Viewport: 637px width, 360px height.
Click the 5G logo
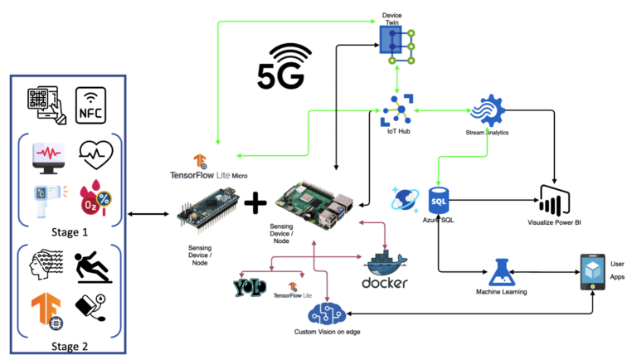point(283,66)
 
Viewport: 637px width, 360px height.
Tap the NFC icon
point(90,105)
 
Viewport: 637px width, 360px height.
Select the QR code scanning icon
point(46,105)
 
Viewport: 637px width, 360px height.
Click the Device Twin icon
point(397,45)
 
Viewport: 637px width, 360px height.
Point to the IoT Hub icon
point(397,110)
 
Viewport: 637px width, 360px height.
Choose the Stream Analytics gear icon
point(488,110)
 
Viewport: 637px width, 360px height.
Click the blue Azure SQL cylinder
point(439,200)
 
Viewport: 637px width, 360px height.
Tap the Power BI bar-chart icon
point(555,201)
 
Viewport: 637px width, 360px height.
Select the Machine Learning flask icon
point(502,272)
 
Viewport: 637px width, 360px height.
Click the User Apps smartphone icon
point(593,272)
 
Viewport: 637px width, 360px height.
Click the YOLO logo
point(250,287)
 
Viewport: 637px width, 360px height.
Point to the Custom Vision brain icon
point(327,314)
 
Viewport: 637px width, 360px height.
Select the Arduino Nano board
point(208,210)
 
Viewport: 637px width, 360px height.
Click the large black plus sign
point(255,202)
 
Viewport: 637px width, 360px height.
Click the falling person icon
point(93,266)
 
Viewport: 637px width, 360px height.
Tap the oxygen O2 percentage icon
point(95,198)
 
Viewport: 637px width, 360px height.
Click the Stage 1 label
point(70,232)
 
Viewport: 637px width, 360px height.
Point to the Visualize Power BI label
point(554,222)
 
